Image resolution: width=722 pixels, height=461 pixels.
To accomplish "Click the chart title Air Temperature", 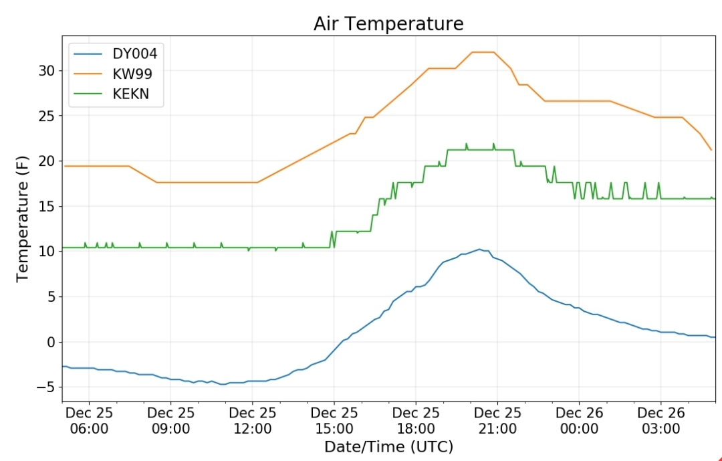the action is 388,23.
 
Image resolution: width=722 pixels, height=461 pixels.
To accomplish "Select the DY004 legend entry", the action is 116,54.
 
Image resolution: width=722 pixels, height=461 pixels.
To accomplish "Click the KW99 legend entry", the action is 113,74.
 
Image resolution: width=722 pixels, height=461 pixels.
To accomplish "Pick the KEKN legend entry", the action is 112,94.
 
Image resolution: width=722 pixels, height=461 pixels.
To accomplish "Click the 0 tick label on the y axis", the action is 51,342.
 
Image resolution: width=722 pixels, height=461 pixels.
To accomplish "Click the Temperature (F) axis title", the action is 22,219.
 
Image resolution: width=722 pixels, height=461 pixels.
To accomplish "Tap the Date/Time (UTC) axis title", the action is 388,447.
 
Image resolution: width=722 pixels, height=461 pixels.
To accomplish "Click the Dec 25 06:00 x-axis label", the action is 89,420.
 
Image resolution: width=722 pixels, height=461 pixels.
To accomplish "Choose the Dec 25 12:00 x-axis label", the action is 252,420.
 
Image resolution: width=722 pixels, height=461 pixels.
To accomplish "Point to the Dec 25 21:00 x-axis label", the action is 497,420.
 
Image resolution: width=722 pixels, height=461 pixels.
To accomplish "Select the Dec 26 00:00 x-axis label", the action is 579,420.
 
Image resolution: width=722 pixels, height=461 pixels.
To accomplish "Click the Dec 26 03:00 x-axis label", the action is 660,420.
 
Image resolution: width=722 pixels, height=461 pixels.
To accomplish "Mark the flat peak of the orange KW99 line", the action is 483,52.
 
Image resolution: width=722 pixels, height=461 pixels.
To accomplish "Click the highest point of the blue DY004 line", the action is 479,250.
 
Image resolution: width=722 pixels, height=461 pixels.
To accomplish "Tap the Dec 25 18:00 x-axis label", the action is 416,420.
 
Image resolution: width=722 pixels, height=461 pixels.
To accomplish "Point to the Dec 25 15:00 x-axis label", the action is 334,420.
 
